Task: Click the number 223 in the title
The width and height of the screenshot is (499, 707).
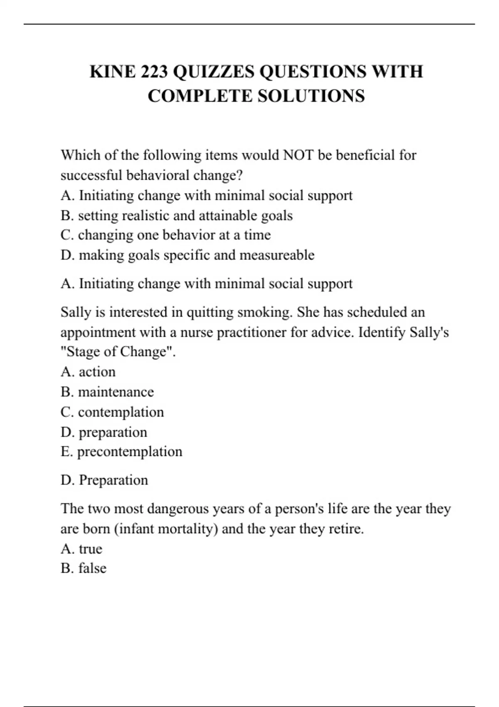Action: (154, 72)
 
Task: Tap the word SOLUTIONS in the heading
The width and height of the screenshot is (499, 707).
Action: (311, 96)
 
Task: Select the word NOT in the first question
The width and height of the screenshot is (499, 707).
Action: (298, 155)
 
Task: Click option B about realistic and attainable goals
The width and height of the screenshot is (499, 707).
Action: (176, 215)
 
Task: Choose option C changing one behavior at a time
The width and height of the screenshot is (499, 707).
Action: (166, 235)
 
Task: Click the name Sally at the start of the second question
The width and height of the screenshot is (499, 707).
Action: (76, 312)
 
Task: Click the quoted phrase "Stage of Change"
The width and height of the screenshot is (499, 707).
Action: (118, 352)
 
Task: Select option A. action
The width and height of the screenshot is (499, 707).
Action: (88, 372)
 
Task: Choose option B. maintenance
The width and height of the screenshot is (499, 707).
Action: (107, 392)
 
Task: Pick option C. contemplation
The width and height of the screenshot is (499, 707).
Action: (112, 412)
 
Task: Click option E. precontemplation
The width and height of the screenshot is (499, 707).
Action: (121, 452)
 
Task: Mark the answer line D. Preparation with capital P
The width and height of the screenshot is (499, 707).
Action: (104, 480)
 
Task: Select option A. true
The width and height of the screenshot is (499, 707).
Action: (81, 549)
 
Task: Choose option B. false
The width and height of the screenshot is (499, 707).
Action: (83, 568)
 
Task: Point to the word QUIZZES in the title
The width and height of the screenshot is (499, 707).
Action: (213, 72)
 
